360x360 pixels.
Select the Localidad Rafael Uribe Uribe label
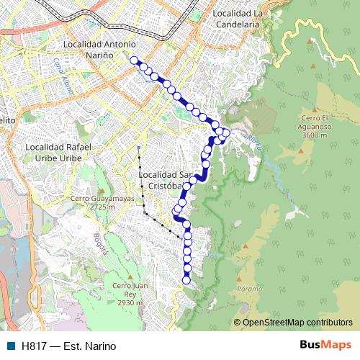(58, 151)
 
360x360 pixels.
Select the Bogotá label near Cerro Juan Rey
(101, 244)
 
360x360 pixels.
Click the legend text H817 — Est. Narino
(69, 346)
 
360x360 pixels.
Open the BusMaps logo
(325, 346)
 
